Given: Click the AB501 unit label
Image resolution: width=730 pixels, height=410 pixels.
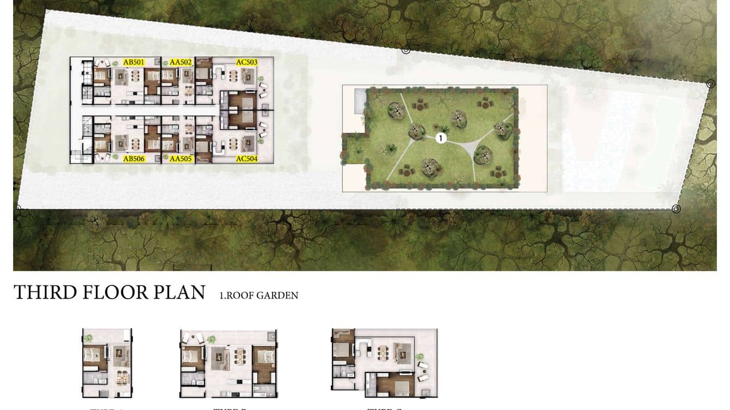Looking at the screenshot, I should point(134,62).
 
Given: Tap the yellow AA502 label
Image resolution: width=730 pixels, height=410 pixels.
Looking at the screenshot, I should point(181,62).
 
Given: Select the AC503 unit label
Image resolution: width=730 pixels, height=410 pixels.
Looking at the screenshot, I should point(246,62).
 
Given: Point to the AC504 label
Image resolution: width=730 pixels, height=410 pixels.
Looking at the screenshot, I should point(246,159).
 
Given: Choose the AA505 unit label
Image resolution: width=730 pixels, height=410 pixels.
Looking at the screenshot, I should point(181,159).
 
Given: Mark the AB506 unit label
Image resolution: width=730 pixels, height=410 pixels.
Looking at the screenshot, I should point(134,159).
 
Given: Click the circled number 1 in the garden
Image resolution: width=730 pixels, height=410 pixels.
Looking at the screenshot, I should point(441,138).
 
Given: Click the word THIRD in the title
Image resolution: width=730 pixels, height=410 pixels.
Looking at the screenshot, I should point(45,293).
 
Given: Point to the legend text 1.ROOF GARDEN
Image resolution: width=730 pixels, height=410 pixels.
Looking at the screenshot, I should point(259,296).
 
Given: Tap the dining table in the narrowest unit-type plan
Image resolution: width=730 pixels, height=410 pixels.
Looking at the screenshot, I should point(123,376).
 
